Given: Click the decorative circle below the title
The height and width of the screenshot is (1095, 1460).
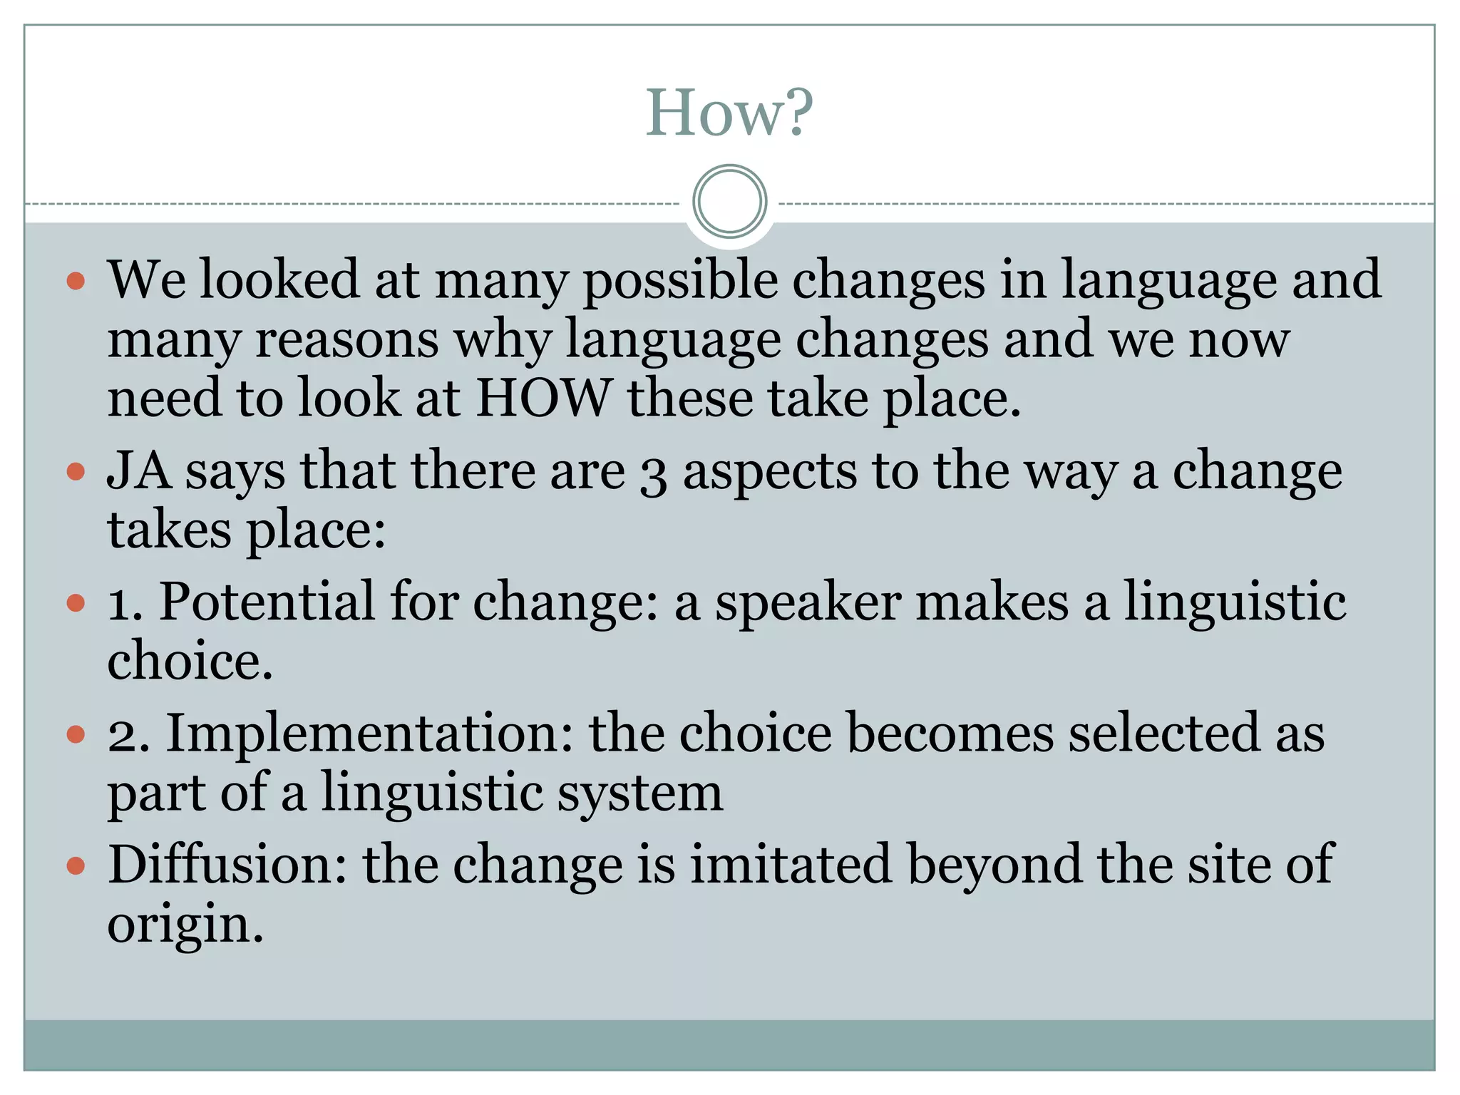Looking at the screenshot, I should click(x=729, y=202).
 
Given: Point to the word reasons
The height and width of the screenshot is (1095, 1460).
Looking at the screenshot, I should click(x=347, y=339).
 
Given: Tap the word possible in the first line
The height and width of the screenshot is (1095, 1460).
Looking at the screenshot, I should click(x=680, y=281).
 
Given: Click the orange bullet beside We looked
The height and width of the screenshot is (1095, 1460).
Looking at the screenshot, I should click(x=76, y=280).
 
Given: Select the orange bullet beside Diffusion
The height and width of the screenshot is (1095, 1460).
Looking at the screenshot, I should click(x=76, y=866).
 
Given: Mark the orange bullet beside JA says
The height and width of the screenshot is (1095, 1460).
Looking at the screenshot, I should click(x=76, y=472).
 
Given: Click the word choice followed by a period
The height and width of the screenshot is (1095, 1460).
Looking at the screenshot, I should click(x=189, y=662).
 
